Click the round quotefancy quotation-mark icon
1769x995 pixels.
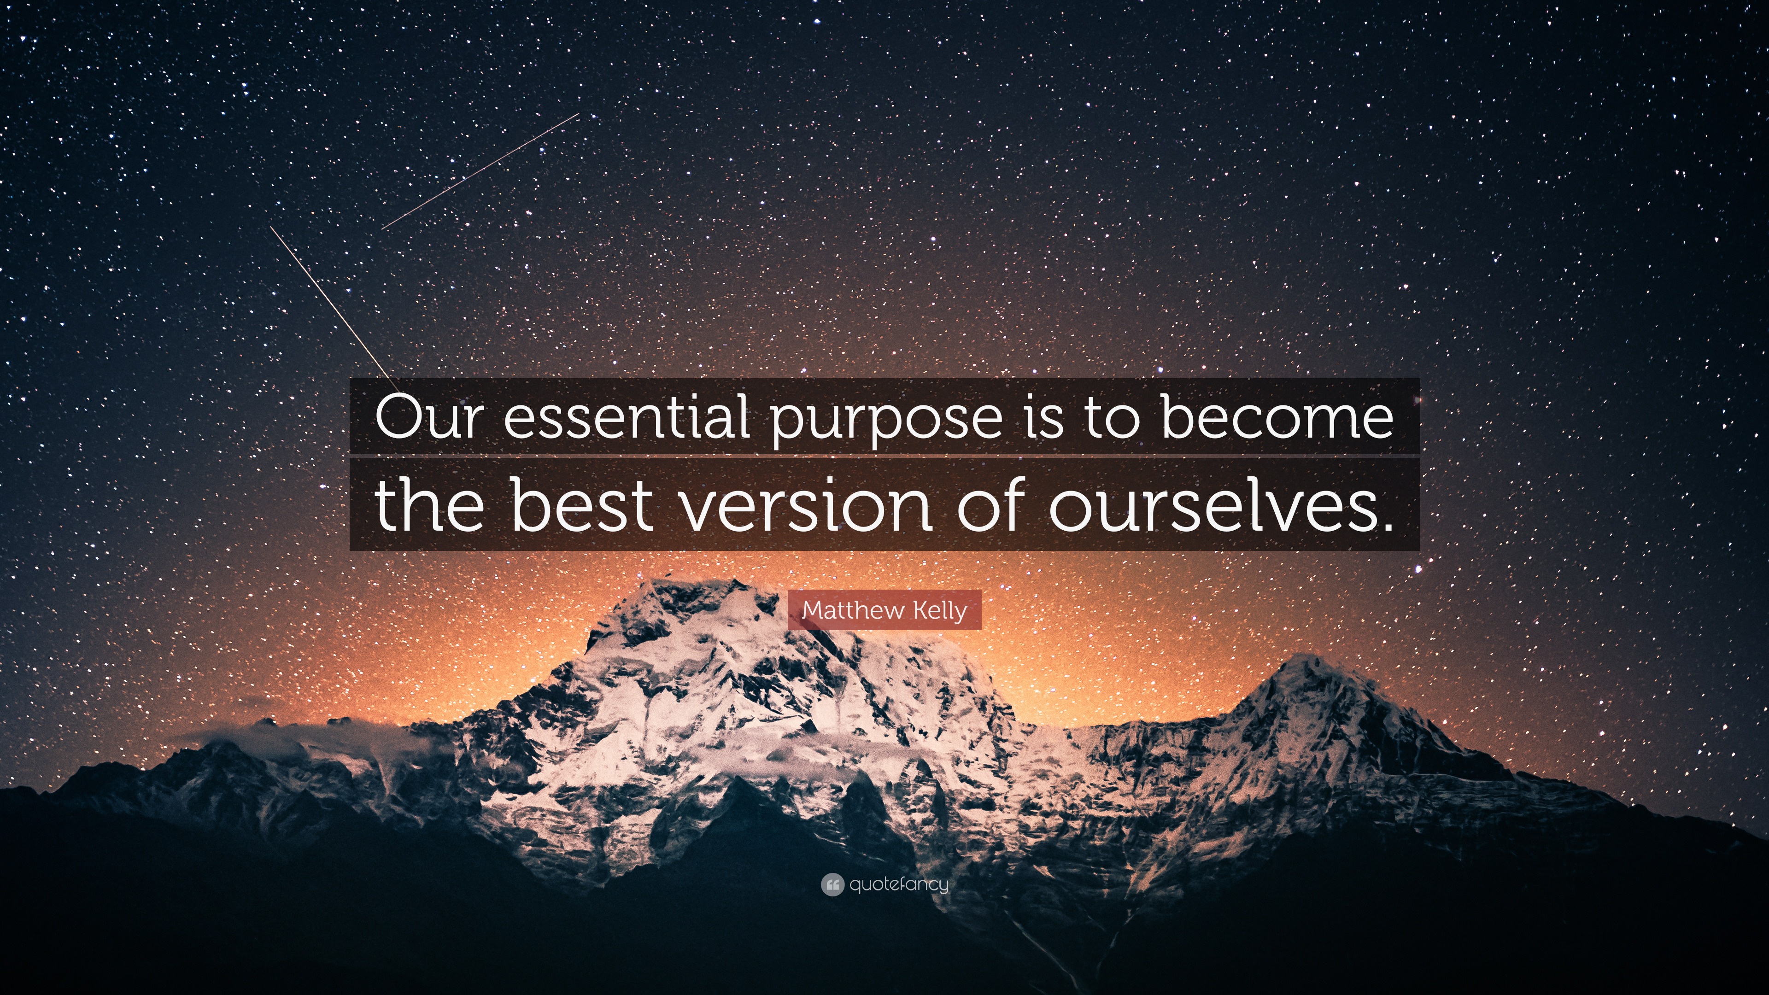tap(832, 885)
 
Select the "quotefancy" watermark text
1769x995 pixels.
tap(899, 885)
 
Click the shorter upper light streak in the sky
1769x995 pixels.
tap(480, 171)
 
